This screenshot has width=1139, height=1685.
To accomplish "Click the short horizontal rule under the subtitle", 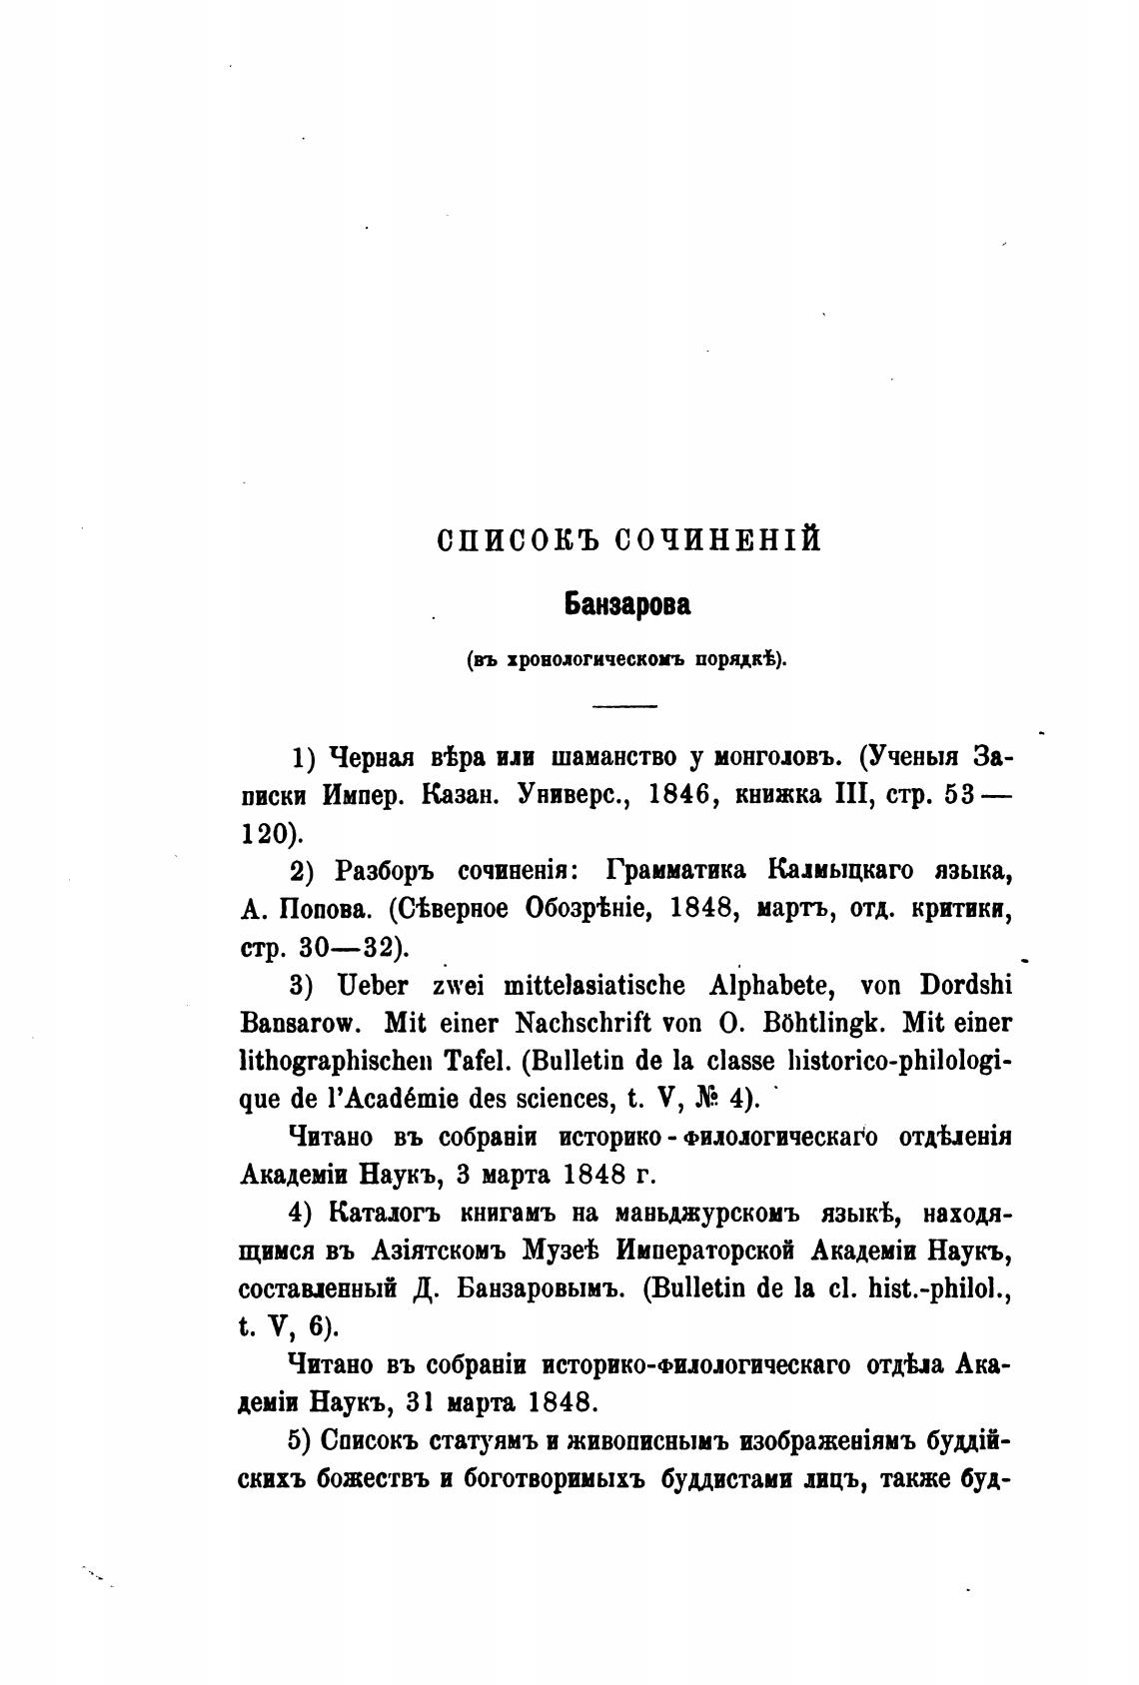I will pyautogui.click(x=624, y=707).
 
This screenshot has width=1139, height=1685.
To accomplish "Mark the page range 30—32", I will pyautogui.click(x=345, y=947).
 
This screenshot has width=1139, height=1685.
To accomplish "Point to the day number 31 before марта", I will pyautogui.click(x=421, y=1402).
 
